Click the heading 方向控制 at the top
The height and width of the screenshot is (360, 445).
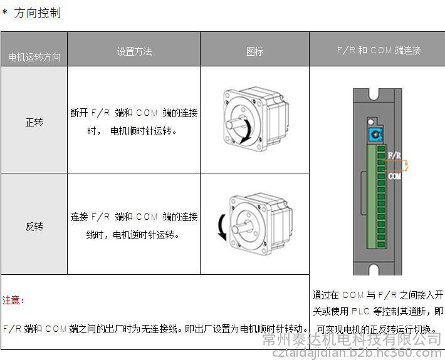[x=37, y=13]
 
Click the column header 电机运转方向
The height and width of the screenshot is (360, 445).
[x=34, y=57]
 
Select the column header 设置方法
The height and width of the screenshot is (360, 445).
[x=134, y=51]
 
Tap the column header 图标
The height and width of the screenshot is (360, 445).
[x=254, y=51]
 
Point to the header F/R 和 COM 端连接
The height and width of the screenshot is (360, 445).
[x=379, y=50]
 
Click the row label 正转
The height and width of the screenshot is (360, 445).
[x=34, y=123]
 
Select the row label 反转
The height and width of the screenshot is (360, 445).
[x=34, y=227]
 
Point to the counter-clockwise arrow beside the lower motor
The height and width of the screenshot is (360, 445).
[x=222, y=227]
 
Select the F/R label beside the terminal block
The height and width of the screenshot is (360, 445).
[x=394, y=155]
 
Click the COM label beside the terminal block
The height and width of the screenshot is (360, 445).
[x=394, y=177]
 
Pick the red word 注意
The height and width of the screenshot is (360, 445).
[x=11, y=300]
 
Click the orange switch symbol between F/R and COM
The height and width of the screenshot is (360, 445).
[x=406, y=165]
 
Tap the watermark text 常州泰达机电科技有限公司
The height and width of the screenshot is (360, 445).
[x=352, y=339]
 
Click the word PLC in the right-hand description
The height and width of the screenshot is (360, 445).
[x=360, y=311]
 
